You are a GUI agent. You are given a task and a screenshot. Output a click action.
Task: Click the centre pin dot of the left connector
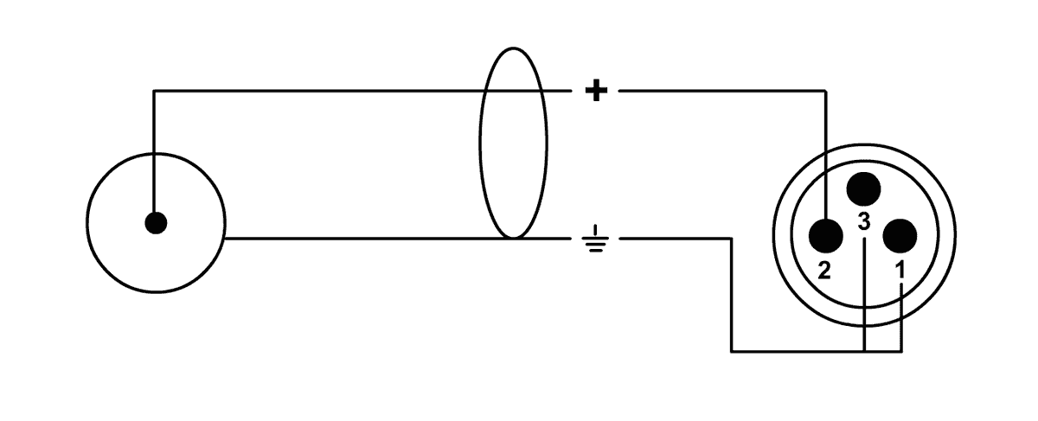coord(156,223)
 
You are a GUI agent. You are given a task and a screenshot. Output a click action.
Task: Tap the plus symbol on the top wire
coord(596,91)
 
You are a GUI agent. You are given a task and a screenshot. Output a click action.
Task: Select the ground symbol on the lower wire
coord(595,239)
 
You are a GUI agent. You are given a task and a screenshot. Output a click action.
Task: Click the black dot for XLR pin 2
coord(825,235)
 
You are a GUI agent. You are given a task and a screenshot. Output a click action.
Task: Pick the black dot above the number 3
coord(863,188)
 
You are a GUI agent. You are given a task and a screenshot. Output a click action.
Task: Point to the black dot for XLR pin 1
coord(900,236)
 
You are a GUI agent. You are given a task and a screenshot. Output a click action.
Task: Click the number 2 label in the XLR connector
coord(823,271)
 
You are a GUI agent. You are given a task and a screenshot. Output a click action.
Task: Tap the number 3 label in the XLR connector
coord(864,222)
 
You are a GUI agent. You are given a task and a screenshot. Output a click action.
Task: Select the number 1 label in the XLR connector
coord(900,270)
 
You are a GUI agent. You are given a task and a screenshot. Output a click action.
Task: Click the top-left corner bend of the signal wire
coord(154,91)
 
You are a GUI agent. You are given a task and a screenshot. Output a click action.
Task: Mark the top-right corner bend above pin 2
coord(825,91)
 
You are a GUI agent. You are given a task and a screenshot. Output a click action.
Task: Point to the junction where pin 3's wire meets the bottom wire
coord(864,352)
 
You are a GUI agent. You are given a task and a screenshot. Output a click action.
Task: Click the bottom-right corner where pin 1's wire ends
coord(901,352)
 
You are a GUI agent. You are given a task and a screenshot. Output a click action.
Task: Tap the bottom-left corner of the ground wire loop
coord(732,352)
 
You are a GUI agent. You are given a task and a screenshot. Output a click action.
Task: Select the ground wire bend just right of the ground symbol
coord(732,239)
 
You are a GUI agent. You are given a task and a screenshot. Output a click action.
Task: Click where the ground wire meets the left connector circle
coord(225,239)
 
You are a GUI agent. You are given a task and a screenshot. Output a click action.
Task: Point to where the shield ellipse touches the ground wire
coord(514,238)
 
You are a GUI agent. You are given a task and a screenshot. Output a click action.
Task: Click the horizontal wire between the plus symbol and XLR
coord(722,91)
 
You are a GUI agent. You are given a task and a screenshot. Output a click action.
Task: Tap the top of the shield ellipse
coord(514,48)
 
